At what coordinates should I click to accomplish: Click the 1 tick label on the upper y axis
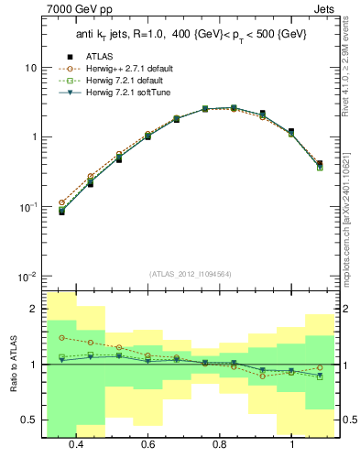(33, 137)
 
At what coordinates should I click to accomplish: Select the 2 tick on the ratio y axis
(33, 310)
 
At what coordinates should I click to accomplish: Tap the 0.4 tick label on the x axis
(76, 444)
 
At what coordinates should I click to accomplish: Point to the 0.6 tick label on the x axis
(147, 444)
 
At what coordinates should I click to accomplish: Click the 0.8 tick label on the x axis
(220, 444)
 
